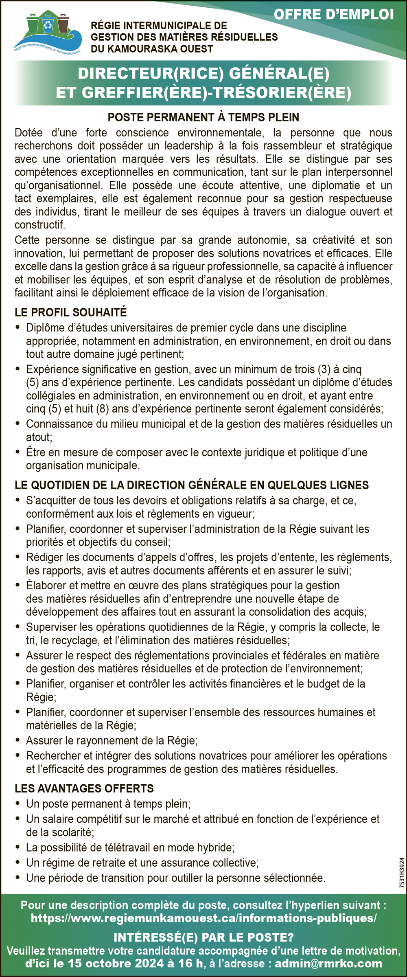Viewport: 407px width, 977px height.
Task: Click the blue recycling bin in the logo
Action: coord(48,24)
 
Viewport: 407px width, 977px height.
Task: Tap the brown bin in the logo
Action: coord(63,24)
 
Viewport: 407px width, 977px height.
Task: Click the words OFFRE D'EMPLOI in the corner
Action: coord(334,15)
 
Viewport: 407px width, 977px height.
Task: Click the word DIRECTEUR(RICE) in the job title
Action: coord(151,74)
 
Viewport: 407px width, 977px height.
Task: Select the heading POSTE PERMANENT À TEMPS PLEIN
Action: coord(203,117)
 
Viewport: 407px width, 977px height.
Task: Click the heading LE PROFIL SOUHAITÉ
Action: coord(71,312)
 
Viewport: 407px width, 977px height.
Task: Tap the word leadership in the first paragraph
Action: coord(188,146)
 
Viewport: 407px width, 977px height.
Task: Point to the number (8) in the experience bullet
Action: coord(103,408)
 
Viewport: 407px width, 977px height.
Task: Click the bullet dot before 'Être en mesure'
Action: coord(18,452)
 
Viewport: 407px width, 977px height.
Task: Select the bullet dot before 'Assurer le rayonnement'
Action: coord(18,740)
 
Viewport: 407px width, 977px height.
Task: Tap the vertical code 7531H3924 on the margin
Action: coord(402,872)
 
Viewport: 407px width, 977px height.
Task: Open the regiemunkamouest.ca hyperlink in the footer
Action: coord(203,918)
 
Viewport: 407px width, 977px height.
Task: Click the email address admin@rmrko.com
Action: coord(328,964)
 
